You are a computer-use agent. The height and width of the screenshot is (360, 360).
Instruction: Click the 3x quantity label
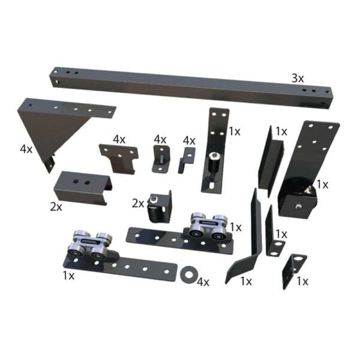pyautogui.click(x=298, y=78)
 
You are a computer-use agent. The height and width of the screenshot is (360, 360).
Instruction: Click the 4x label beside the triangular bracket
pyautogui.click(x=26, y=148)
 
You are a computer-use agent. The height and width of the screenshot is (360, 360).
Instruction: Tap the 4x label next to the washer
pyautogui.click(x=203, y=281)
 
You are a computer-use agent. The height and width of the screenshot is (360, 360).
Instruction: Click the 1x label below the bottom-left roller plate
pyautogui.click(x=68, y=275)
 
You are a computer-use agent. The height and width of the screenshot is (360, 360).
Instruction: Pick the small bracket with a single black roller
pyautogui.click(x=159, y=208)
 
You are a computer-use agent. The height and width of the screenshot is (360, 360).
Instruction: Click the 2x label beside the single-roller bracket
pyautogui.click(x=138, y=203)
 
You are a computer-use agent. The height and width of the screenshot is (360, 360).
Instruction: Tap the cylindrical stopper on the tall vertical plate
pyautogui.click(x=213, y=161)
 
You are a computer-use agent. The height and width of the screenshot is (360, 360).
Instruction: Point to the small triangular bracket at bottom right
pyautogui.click(x=293, y=269)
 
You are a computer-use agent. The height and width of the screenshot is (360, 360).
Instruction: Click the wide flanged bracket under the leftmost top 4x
pyautogui.click(x=119, y=157)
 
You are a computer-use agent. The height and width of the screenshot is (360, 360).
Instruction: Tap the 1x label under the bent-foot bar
pyautogui.click(x=246, y=280)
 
